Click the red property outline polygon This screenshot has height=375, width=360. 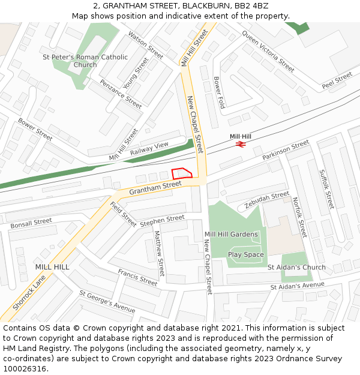(x=182, y=173)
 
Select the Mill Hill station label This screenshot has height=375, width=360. (x=241, y=136)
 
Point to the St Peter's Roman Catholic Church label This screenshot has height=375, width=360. (x=85, y=61)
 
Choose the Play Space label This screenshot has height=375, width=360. (x=246, y=254)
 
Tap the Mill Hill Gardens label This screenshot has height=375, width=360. (x=231, y=234)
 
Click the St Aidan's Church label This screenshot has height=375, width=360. (x=296, y=267)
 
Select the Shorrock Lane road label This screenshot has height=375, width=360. (x=29, y=292)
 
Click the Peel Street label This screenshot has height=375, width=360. (x=337, y=81)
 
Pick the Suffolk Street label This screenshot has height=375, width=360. (x=326, y=188)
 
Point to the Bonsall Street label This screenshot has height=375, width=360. (x=31, y=223)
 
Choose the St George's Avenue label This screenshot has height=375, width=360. (x=107, y=301)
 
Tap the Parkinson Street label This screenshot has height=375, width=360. (x=286, y=150)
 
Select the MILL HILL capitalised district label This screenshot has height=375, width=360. (x=52, y=266)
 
